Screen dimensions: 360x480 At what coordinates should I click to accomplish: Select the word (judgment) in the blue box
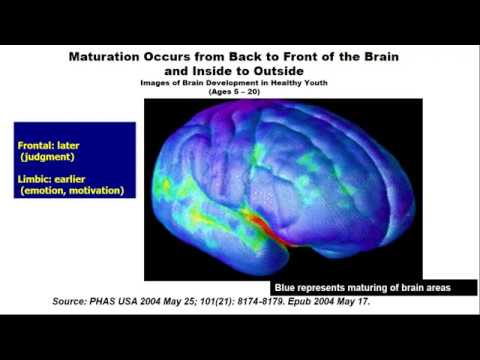[x=50, y=157]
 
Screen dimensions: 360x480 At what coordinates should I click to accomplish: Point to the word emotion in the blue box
[x=44, y=190]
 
